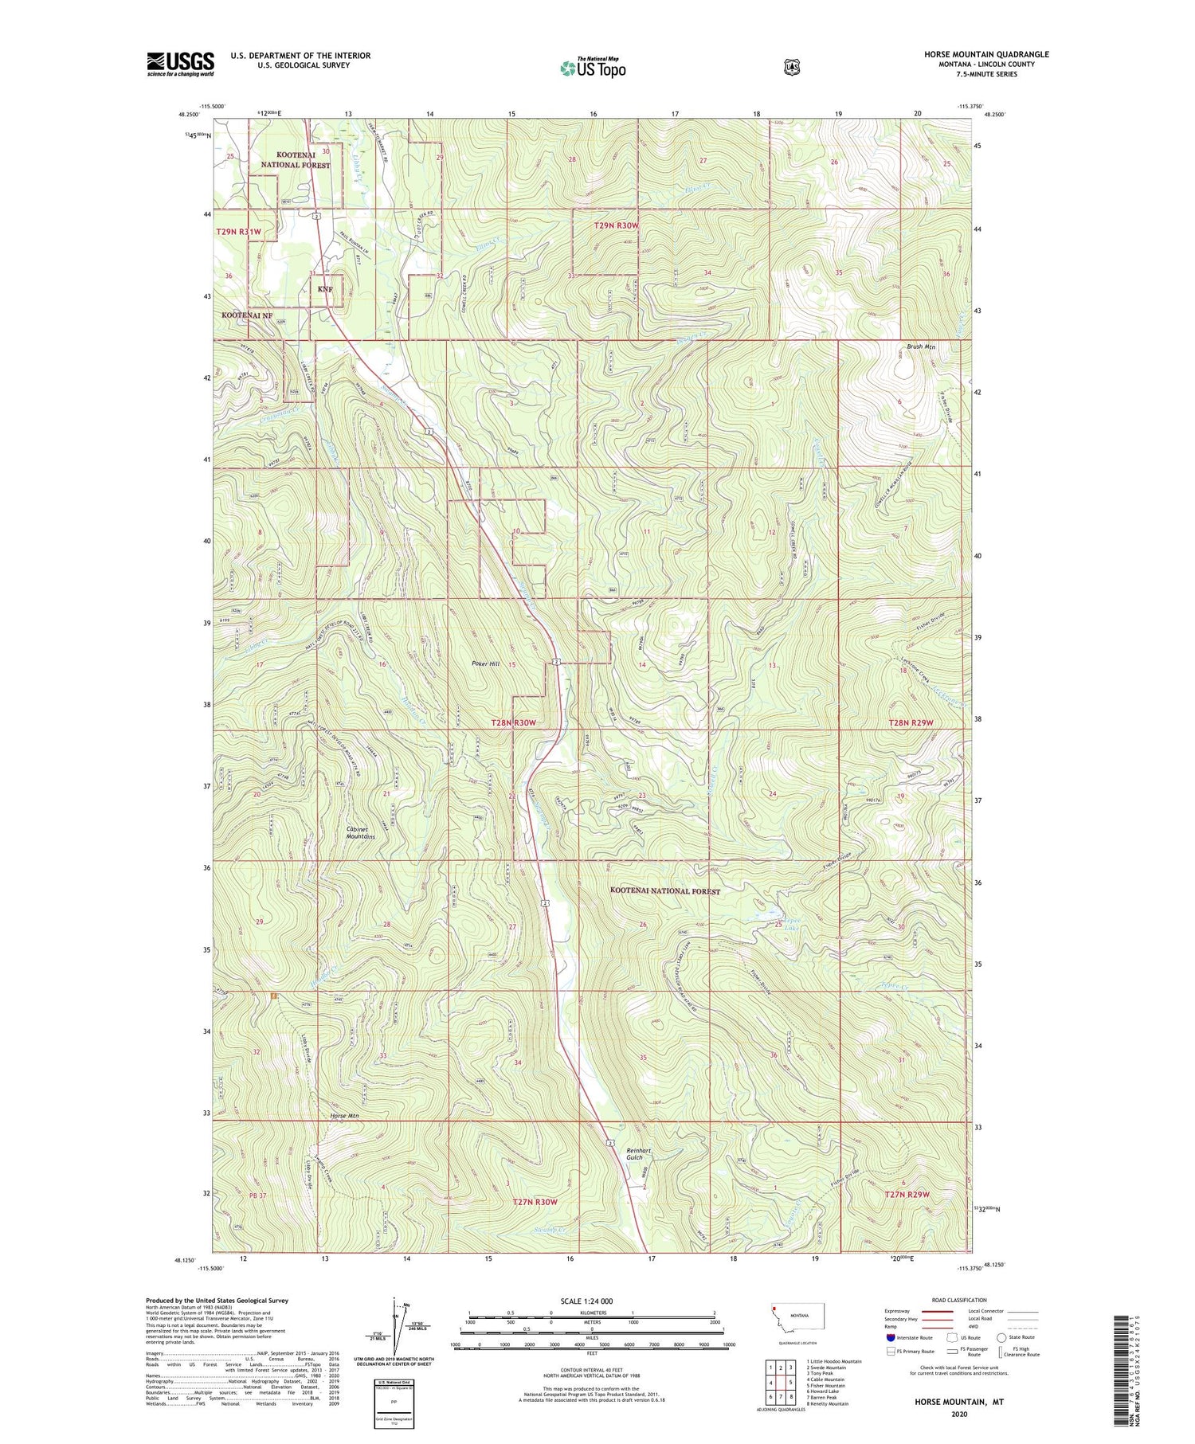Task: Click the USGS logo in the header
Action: point(180,64)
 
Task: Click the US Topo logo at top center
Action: point(593,68)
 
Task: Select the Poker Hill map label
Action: point(484,663)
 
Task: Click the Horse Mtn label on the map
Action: point(345,1116)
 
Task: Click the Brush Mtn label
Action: point(921,346)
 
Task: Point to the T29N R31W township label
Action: point(238,231)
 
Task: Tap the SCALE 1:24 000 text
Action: point(586,1301)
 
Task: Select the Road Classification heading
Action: point(954,1301)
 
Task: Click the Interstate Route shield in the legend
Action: point(890,1338)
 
